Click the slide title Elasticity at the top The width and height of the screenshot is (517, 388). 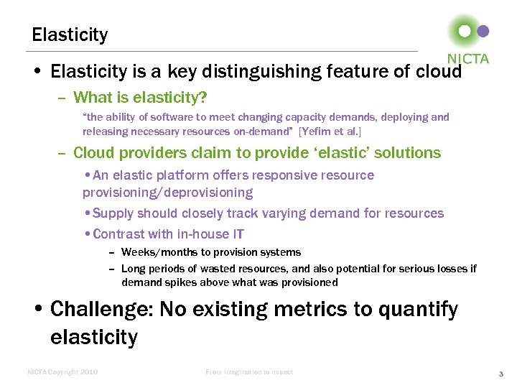pos(70,34)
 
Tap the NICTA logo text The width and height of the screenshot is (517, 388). pos(468,59)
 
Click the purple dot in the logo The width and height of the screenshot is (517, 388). pos(483,31)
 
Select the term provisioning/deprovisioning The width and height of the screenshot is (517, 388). pos(167,193)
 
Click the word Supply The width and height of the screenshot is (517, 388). pos(113,213)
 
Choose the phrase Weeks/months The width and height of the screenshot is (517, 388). pos(151,252)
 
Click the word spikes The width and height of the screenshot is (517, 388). pos(180,282)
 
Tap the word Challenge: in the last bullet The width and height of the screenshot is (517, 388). pos(102,310)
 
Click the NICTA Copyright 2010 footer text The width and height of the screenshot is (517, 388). pos(62,372)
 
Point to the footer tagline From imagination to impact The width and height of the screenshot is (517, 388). pos(249,372)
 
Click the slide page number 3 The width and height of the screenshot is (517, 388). pos(500,373)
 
